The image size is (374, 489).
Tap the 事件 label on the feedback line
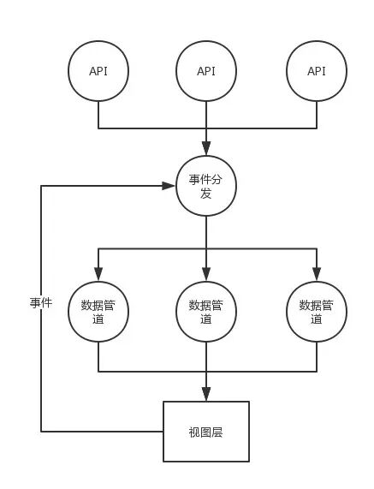click(41, 302)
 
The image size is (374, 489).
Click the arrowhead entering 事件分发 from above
click(206, 148)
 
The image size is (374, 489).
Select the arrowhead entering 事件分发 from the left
click(169, 186)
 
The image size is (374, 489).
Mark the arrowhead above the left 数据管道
click(98, 274)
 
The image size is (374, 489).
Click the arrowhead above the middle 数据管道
click(206, 274)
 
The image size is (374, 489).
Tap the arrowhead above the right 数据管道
click(317, 274)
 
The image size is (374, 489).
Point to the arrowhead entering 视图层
click(206, 394)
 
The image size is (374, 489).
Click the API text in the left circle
click(98, 71)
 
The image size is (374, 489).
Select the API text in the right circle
click(317, 71)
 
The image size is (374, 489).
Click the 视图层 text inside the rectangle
click(205, 432)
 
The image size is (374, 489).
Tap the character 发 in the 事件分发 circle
click(206, 194)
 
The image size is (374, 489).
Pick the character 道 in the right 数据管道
click(317, 319)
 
